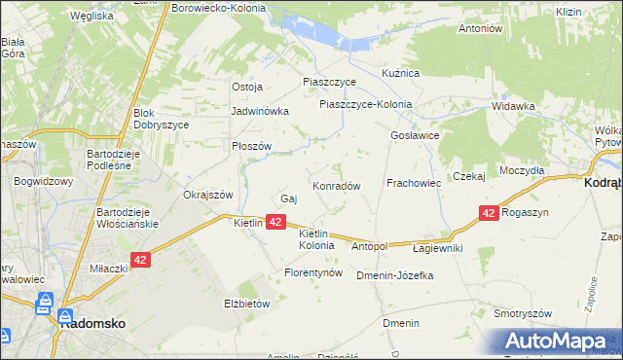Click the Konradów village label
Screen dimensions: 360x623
click(x=337, y=185)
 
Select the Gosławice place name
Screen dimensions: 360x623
click(x=416, y=135)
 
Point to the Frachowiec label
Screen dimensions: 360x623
click(x=414, y=182)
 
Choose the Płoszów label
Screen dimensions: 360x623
click(x=251, y=146)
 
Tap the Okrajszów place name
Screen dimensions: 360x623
click(x=208, y=194)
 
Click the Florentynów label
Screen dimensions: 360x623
click(x=313, y=272)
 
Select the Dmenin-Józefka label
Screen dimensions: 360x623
click(x=394, y=275)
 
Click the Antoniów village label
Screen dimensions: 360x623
click(x=480, y=28)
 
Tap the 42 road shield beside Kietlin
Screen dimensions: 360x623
click(x=275, y=223)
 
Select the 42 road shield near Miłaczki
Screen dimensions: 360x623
click(x=141, y=260)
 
